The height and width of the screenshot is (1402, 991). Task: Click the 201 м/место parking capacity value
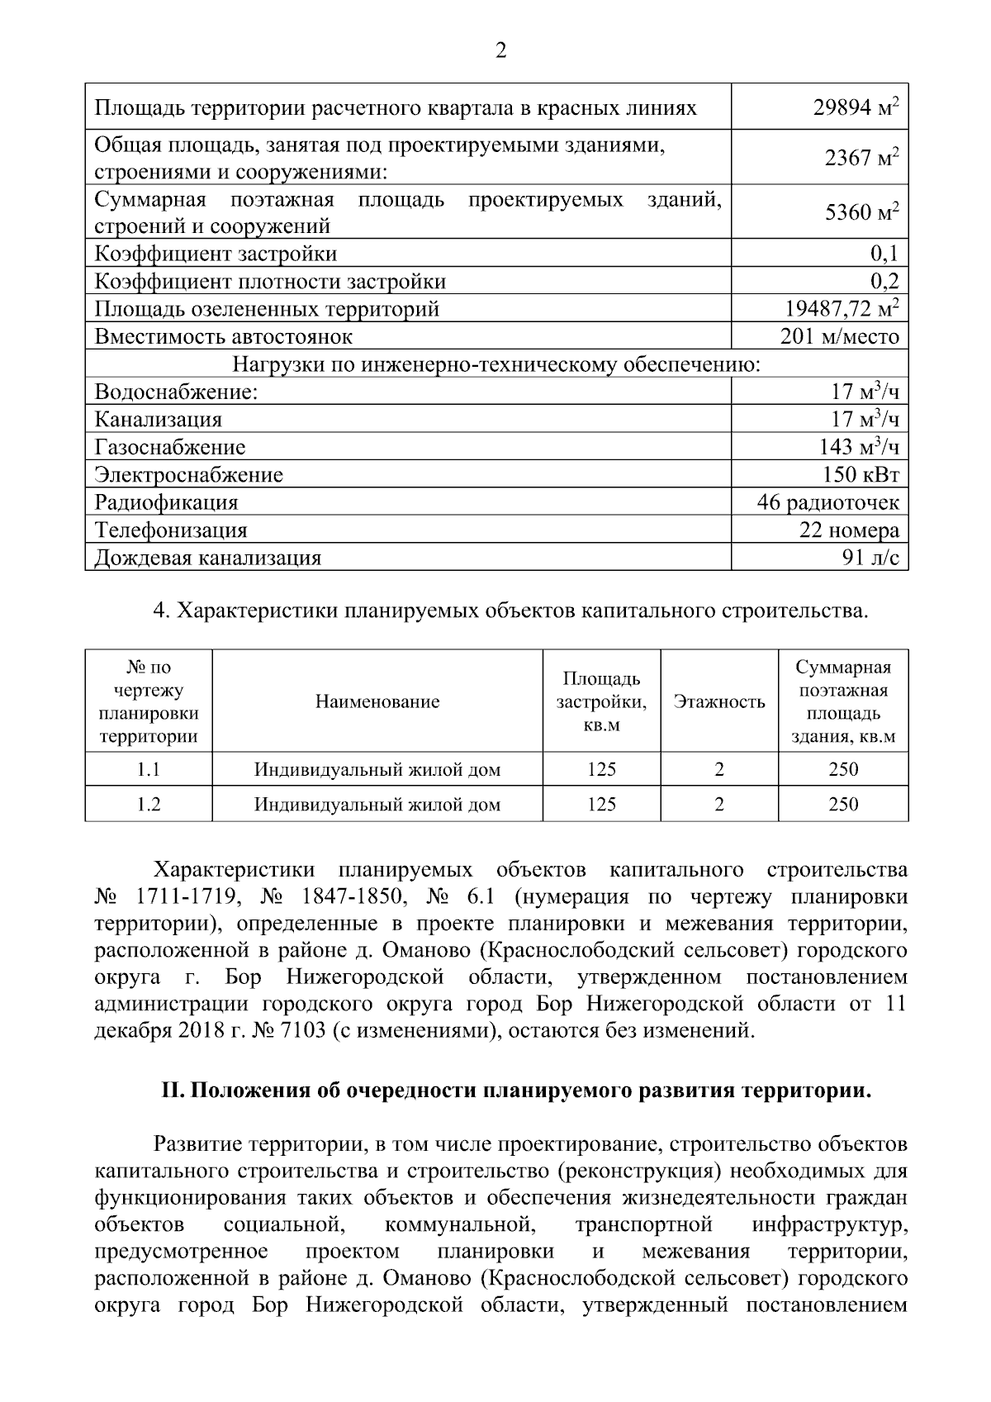(839, 336)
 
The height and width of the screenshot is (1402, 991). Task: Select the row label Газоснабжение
(170, 447)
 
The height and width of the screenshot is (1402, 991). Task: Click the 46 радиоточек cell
(827, 502)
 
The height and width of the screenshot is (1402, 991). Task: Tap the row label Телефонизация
(171, 530)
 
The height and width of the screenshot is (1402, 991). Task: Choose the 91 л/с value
(870, 558)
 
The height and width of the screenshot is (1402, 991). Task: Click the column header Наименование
(377, 702)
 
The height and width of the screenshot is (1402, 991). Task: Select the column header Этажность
(719, 702)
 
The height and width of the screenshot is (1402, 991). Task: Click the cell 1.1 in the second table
(149, 769)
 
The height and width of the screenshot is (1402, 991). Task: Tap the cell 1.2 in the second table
(149, 804)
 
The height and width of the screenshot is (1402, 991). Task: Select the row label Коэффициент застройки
(216, 254)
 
